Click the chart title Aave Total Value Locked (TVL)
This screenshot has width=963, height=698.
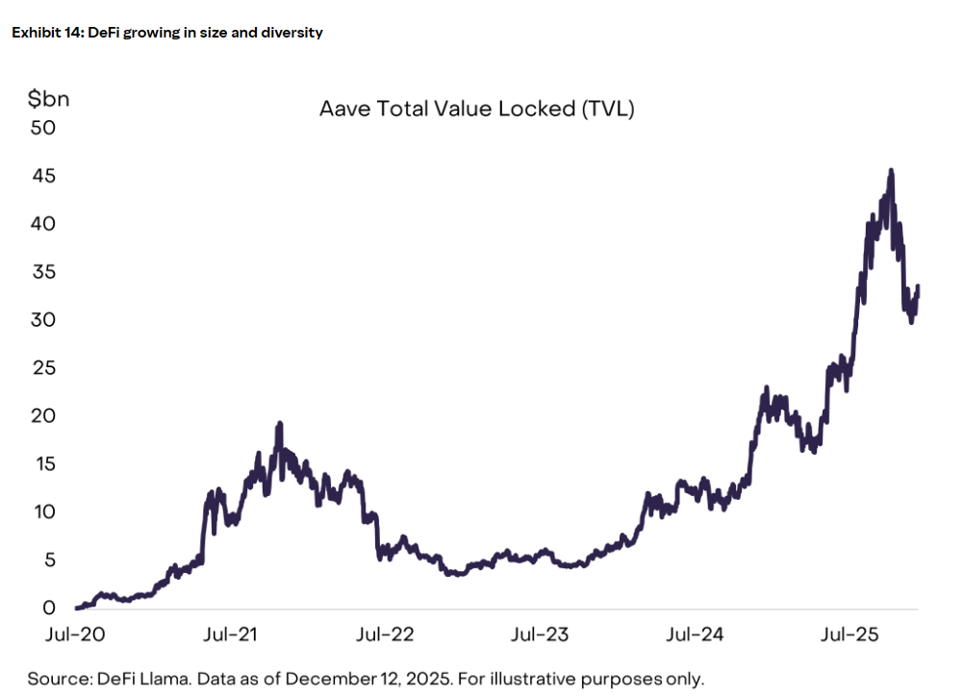pyautogui.click(x=476, y=110)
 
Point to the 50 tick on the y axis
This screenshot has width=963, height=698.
pyautogui.click(x=43, y=128)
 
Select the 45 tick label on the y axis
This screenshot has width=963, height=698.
pyautogui.click(x=43, y=176)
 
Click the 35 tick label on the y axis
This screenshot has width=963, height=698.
pyautogui.click(x=43, y=272)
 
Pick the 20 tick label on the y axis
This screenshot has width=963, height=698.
pyautogui.click(x=43, y=416)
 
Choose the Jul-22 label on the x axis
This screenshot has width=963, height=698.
pyautogui.click(x=384, y=636)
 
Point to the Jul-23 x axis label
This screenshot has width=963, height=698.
pyautogui.click(x=539, y=636)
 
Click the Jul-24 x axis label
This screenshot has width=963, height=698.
pyautogui.click(x=695, y=636)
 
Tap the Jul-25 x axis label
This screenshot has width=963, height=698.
pyautogui.click(x=850, y=636)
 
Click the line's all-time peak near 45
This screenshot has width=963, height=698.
pyautogui.click(x=891, y=171)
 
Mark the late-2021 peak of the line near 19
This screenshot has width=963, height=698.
pyautogui.click(x=279, y=424)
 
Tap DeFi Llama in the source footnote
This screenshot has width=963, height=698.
pyautogui.click(x=138, y=679)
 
